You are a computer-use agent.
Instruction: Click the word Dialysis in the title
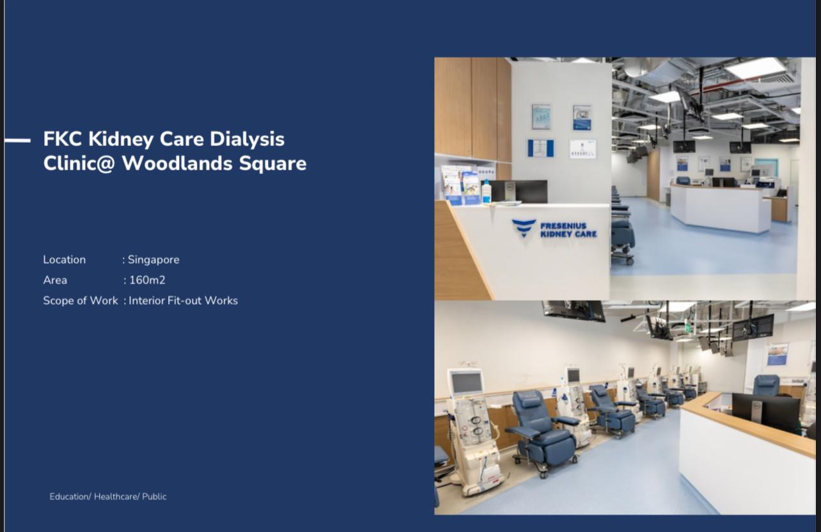[x=247, y=140]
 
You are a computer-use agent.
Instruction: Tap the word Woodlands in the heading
[x=177, y=163]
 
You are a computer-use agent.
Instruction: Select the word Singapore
[x=153, y=260]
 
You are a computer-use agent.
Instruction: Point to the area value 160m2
[x=147, y=280]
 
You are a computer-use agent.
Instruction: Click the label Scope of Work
[x=81, y=301]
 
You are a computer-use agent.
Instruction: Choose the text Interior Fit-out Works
[x=184, y=301]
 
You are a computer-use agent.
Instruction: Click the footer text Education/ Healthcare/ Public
[x=108, y=497]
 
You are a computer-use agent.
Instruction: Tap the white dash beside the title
[x=18, y=140]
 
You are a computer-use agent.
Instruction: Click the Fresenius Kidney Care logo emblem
[x=524, y=228]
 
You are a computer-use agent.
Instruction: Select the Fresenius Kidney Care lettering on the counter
[x=568, y=230]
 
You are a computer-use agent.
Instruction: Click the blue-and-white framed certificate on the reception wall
[x=540, y=148]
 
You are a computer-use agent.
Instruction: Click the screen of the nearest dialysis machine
[x=466, y=382]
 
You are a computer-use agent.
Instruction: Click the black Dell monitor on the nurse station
[x=766, y=412]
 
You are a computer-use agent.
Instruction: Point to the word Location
[x=65, y=260]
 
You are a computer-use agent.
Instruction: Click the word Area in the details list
[x=56, y=280]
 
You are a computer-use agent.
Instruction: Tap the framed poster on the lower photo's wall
[x=778, y=354]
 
